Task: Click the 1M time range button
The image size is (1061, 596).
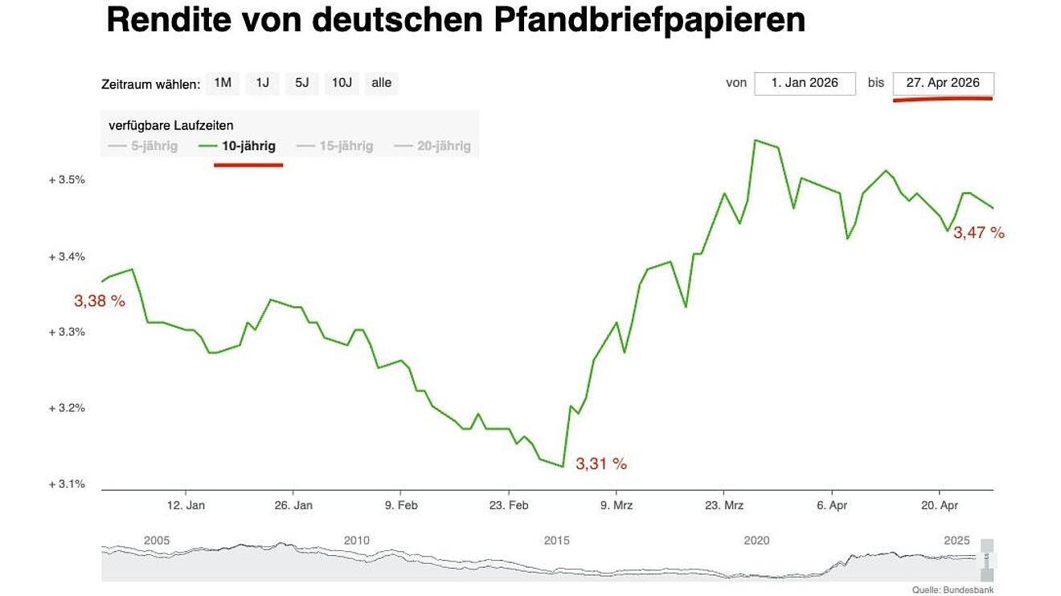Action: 223,83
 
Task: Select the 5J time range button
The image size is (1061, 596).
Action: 301,83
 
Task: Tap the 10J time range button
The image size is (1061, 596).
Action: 342,83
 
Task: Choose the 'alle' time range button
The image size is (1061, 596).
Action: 382,83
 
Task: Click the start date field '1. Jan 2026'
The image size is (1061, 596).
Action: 805,83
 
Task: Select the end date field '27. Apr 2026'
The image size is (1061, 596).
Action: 943,83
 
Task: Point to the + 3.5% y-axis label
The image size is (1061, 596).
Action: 67,180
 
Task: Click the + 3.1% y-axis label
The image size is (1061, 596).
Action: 67,484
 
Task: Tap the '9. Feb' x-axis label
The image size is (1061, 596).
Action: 401,505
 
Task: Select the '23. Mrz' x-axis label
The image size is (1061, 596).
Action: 723,505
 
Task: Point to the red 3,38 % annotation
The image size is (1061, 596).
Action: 100,301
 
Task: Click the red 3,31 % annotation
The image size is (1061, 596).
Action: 600,463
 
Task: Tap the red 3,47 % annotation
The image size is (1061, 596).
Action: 979,233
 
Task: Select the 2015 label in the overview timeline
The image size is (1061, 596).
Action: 556,541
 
